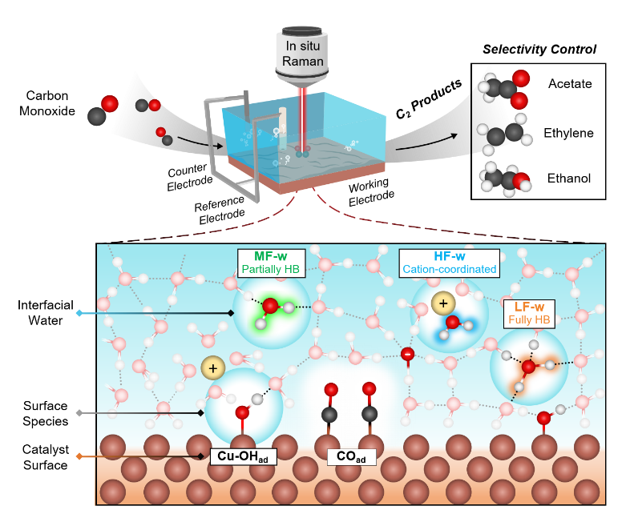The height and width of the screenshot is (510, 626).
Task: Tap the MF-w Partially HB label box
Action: click(271, 262)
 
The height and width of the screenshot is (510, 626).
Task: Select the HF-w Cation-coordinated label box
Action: click(449, 262)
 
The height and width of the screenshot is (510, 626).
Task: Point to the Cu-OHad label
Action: click(244, 456)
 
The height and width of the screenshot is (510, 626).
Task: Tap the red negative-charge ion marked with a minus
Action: click(408, 354)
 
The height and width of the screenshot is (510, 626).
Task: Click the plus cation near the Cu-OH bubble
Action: click(212, 368)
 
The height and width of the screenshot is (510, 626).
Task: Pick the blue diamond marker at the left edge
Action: click(79, 312)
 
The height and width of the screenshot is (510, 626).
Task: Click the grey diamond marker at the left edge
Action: click(79, 413)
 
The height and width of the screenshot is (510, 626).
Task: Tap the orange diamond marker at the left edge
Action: click(79, 456)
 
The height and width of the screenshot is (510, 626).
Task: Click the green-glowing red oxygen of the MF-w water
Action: click(270, 306)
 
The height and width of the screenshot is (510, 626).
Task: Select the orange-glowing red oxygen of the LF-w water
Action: click(528, 367)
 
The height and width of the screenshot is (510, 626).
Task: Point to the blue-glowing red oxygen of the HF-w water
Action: click(453, 323)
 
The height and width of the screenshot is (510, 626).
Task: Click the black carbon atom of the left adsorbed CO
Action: click(329, 414)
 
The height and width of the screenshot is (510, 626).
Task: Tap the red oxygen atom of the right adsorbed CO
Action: click(369, 389)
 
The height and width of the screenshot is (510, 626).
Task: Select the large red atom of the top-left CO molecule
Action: click(110, 103)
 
